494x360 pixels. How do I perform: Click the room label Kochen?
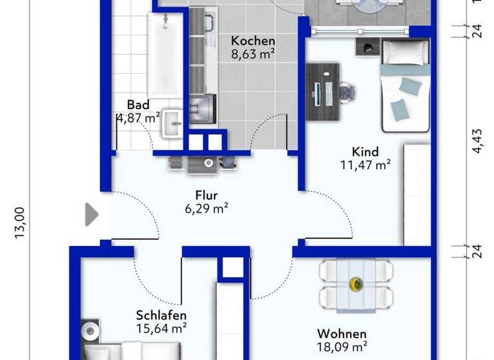tap(253, 40)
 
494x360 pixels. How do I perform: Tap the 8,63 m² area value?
tap(253, 54)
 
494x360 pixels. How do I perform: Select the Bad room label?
tap(138, 104)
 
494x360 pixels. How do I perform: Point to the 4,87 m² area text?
tap(138, 118)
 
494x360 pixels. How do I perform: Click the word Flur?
tap(206, 195)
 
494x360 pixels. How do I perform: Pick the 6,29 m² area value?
tap(206, 208)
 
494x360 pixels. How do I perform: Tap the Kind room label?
tap(365, 152)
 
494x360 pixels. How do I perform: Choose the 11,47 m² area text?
tap(365, 165)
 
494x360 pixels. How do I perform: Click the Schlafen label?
tap(161, 315)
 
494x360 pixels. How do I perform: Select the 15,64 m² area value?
tap(161, 328)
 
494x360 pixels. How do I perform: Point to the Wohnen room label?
tap(342, 334)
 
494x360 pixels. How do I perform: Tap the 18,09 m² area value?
tap(342, 347)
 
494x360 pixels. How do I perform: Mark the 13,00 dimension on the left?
tap(19, 222)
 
